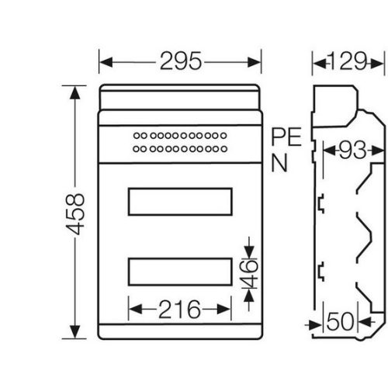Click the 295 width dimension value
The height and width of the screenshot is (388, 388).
[x=181, y=61]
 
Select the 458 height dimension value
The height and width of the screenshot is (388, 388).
[x=75, y=214]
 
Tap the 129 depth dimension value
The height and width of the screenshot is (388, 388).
[x=348, y=61]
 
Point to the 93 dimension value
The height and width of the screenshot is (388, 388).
[x=353, y=150]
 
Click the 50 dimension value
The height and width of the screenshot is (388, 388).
[x=340, y=321]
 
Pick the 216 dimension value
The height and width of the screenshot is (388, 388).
[x=179, y=309]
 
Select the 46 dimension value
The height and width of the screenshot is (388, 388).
[x=249, y=274]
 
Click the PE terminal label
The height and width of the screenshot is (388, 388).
[x=286, y=137]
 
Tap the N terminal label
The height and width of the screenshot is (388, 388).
[x=279, y=163]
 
